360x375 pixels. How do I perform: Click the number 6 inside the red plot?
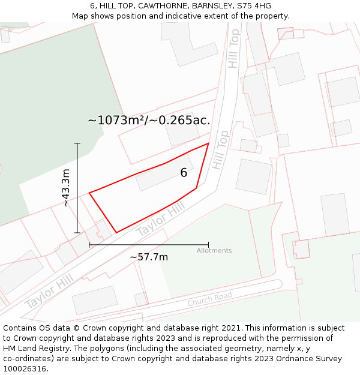pos(184,173)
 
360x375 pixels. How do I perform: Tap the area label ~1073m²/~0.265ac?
pos(149,120)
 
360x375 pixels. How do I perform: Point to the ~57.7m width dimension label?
pos(149,257)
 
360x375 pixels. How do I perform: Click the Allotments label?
pos(214,251)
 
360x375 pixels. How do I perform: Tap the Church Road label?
pos(209,300)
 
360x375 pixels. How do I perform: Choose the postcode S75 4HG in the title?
pos(254,6)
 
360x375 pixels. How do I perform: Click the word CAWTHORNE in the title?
pos(158,6)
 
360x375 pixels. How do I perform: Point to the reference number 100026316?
pos(25,369)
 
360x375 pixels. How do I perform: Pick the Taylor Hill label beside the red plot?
pos(160,218)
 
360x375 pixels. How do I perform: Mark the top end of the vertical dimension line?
pos(77,143)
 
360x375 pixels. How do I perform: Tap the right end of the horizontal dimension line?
pos(208,245)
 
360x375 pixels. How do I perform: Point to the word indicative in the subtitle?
pos(169,16)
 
